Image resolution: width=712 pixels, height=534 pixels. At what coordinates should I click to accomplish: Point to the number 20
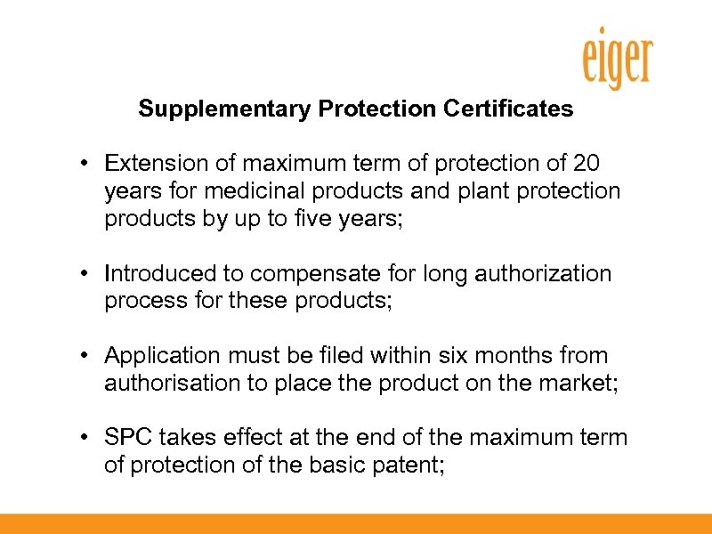[587, 164]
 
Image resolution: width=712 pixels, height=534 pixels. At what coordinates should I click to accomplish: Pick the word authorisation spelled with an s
[163, 384]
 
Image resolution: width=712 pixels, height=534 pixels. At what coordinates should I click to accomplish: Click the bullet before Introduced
[81, 274]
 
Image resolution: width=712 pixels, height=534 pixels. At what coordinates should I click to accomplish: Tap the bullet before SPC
[81, 439]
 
